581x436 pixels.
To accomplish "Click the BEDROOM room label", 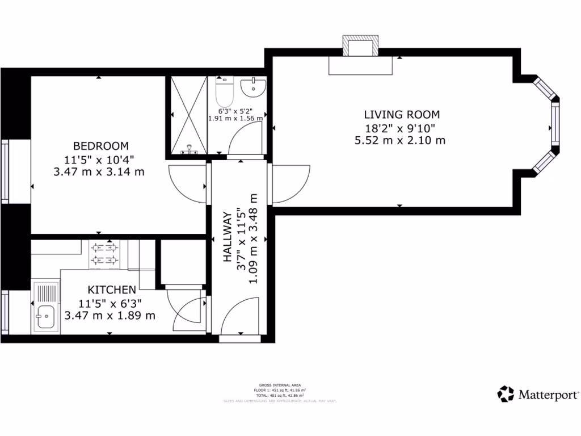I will (x=100, y=146).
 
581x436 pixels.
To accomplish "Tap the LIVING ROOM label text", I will (x=402, y=115).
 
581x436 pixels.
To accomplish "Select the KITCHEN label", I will (x=111, y=290).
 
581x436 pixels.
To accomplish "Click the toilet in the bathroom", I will (x=225, y=90).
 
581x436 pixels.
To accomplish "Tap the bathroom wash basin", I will (x=252, y=88).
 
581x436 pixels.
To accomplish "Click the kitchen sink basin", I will (x=44, y=315).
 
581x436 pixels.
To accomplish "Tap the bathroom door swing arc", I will (x=245, y=139).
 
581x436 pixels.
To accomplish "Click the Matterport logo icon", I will (x=506, y=393).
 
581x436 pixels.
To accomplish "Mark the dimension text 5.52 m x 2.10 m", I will (x=399, y=140).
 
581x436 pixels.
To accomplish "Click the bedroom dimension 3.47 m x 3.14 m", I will (x=99, y=171).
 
